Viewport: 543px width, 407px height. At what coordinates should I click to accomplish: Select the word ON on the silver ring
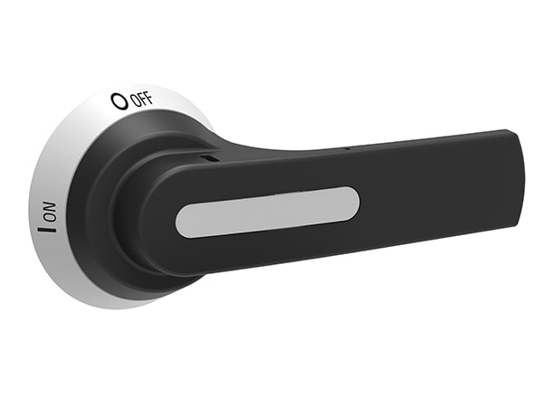point(50,215)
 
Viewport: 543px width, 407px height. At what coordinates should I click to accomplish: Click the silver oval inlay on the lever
point(267,212)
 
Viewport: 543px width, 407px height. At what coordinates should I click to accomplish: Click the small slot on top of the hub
point(210,157)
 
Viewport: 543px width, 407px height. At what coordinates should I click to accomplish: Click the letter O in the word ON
point(49,219)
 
